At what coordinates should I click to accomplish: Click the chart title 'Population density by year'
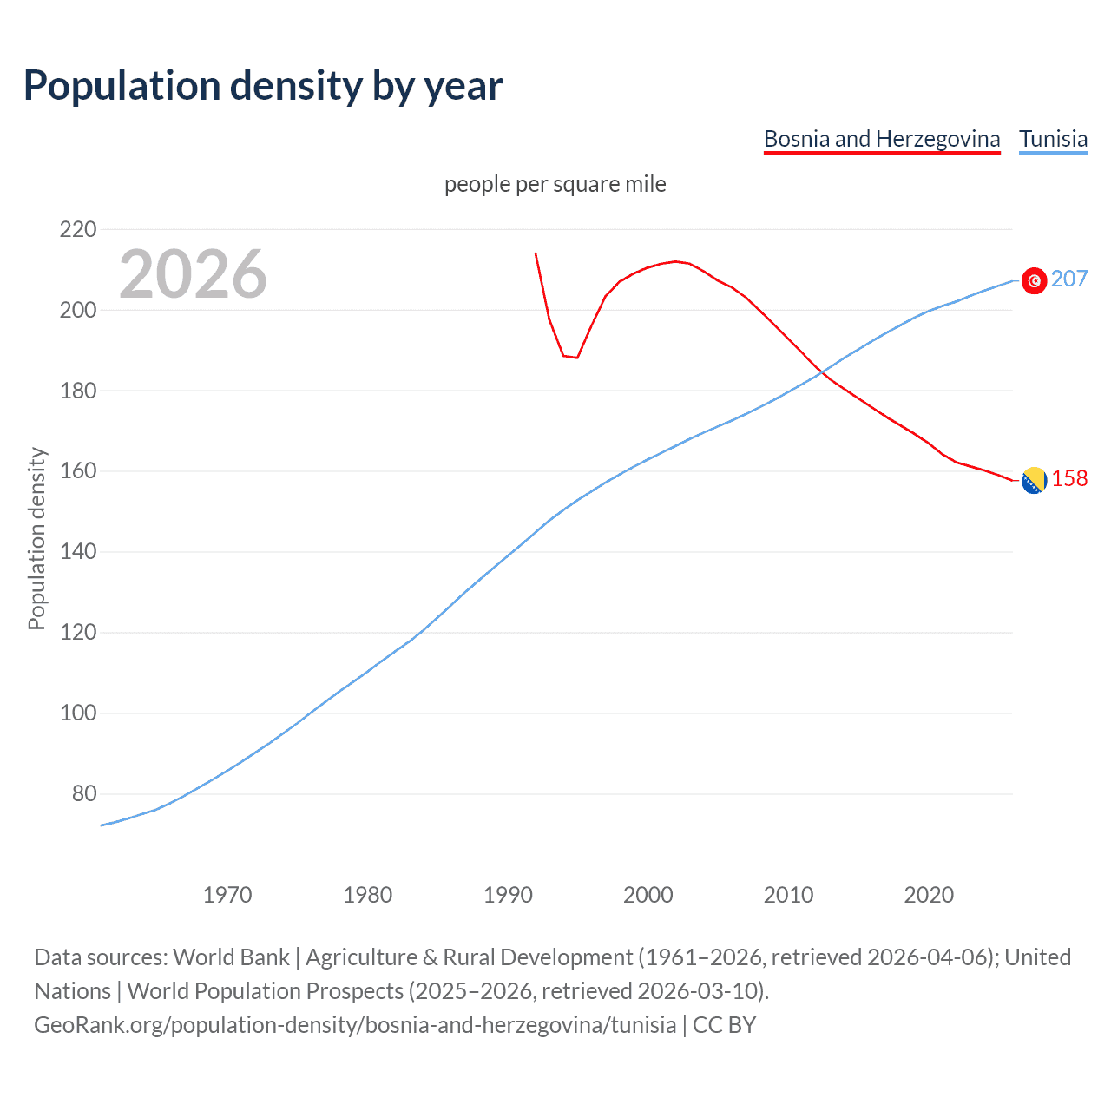(263, 86)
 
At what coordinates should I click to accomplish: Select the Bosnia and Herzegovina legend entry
(881, 139)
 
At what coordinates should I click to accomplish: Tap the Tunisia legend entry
(1053, 139)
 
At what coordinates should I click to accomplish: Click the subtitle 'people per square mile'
(555, 184)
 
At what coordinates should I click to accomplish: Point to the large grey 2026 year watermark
(193, 274)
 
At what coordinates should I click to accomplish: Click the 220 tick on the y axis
(78, 230)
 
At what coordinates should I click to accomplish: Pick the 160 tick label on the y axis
(78, 471)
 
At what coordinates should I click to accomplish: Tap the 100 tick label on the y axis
(78, 713)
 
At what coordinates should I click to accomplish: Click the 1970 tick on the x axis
(227, 895)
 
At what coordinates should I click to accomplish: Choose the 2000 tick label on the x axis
(648, 895)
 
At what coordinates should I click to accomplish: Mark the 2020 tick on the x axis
(929, 895)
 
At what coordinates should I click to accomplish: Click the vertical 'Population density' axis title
(36, 538)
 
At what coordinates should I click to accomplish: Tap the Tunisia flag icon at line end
(1034, 280)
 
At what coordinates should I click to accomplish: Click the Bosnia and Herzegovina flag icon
(1034, 480)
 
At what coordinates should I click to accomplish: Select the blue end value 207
(1068, 279)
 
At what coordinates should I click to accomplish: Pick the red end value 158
(1069, 479)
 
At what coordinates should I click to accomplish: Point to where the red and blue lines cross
(820, 372)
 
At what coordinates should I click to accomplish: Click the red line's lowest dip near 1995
(576, 358)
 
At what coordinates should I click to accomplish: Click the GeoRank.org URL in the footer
(355, 1025)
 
